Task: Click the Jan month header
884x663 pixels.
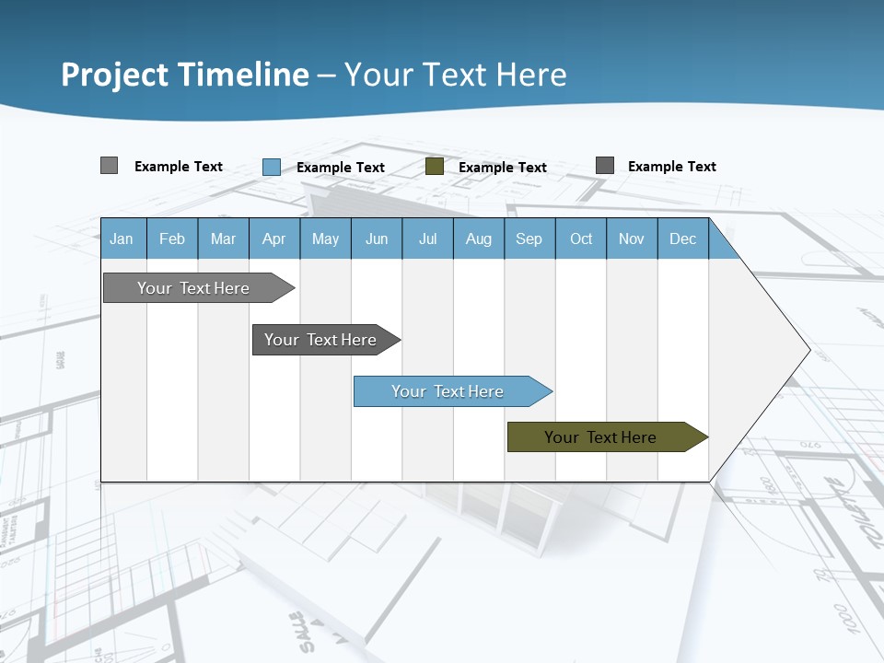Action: click(122, 239)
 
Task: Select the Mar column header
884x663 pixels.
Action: click(223, 239)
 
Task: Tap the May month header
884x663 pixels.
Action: click(325, 239)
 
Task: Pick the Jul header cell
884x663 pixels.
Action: click(427, 239)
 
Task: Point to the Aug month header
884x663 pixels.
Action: click(478, 239)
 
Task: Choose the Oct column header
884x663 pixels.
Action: click(580, 239)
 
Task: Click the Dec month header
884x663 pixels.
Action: click(682, 239)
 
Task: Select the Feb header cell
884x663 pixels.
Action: click(172, 239)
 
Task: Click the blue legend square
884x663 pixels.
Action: click(272, 167)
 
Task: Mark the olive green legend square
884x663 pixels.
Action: click(435, 167)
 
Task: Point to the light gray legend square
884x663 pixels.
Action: click(109, 166)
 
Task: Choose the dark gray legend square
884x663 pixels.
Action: click(605, 166)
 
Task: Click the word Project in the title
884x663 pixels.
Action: click(118, 75)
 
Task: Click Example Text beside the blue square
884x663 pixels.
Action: click(341, 168)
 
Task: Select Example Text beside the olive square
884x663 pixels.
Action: click(503, 168)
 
